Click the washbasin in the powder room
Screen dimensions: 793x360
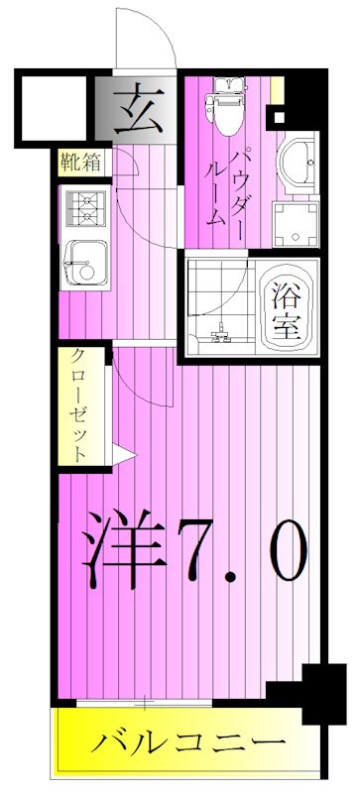pyautogui.click(x=294, y=162)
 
